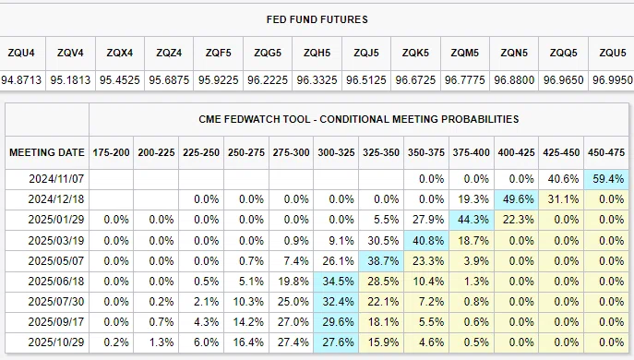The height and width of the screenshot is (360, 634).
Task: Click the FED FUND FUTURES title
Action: [x=317, y=19]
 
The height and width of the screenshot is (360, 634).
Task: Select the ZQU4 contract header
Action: [x=21, y=53]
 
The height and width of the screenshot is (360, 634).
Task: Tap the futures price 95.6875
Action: [x=169, y=80]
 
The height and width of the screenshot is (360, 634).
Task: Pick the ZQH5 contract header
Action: [x=317, y=53]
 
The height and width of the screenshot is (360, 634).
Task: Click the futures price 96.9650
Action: [x=564, y=80]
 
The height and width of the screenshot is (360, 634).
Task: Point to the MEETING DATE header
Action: [x=47, y=152]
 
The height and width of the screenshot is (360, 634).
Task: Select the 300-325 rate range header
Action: [x=336, y=152]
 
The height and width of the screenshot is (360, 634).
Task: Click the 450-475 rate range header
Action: [x=606, y=152]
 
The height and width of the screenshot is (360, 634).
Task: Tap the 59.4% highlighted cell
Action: [x=606, y=179]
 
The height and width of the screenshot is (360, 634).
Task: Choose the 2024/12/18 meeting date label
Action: [x=56, y=199]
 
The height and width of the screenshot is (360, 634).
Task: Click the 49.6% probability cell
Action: [x=517, y=199]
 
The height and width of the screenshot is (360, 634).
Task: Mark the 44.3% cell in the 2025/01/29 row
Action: [x=472, y=220]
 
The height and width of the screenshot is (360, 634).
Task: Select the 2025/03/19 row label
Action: [x=56, y=241]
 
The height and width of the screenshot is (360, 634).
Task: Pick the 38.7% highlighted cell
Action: [x=381, y=261]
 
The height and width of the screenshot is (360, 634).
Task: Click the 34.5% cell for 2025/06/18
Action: [x=336, y=282]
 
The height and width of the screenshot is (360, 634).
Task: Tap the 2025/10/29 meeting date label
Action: [x=56, y=342]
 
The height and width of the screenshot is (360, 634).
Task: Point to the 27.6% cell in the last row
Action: [x=336, y=342]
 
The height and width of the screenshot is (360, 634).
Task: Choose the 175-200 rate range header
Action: [x=111, y=152]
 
